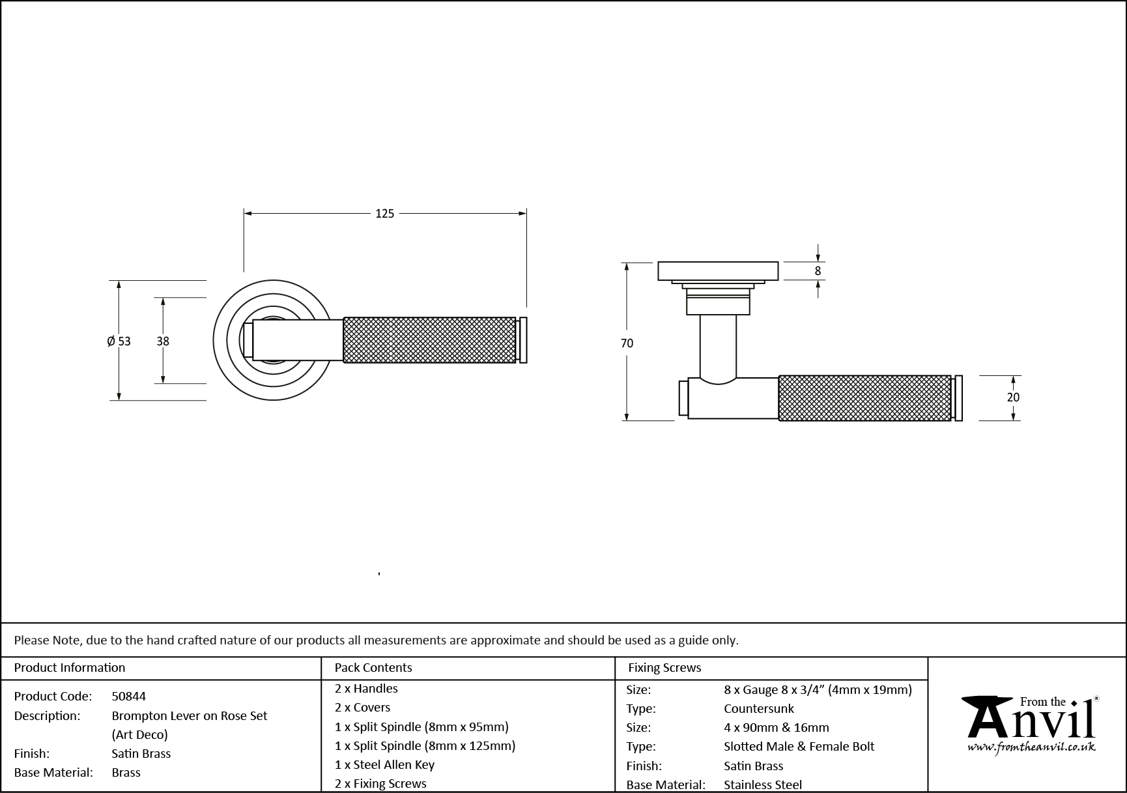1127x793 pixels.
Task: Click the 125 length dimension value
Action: tap(384, 213)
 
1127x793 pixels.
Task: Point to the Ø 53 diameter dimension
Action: tap(119, 341)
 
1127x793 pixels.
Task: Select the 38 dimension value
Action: tap(163, 341)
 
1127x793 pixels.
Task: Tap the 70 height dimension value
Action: tap(627, 343)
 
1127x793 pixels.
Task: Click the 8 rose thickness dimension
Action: tap(818, 271)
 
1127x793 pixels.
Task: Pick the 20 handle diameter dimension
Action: tap(1013, 397)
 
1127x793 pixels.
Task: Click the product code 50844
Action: tap(129, 696)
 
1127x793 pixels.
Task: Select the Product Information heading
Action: tap(69, 667)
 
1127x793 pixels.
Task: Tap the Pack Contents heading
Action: tap(373, 667)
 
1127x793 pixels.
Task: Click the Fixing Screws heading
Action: tap(664, 667)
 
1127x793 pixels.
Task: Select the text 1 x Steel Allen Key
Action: tap(384, 764)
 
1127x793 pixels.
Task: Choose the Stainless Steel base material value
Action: tap(763, 785)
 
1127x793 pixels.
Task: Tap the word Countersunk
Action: tap(759, 708)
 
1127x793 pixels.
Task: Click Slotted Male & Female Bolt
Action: tap(799, 746)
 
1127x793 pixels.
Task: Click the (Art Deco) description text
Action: tap(139, 734)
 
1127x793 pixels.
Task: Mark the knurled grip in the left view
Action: tap(429, 339)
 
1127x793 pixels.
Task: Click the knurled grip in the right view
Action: tap(864, 397)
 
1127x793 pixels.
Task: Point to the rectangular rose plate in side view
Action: tap(718, 271)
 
